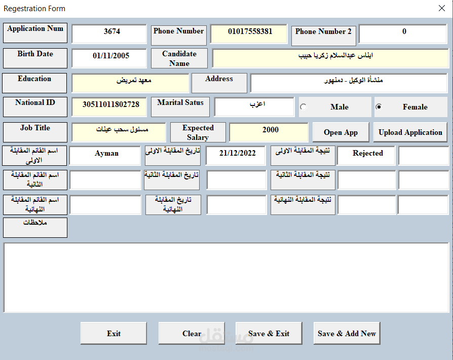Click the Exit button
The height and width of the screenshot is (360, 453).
(114, 333)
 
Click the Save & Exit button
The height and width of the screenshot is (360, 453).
(269, 333)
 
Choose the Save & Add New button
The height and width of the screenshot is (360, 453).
(347, 333)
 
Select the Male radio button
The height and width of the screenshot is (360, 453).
(304, 107)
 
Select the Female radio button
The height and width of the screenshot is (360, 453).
(379, 107)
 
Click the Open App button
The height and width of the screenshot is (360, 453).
(341, 132)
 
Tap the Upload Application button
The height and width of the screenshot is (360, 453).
(410, 132)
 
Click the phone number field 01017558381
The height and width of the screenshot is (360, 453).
(249, 33)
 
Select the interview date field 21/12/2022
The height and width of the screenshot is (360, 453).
(236, 156)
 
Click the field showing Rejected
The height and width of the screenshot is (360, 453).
(366, 156)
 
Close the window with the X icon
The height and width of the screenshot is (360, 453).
(442, 8)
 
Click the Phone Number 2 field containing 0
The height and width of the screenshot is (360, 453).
(403, 33)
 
